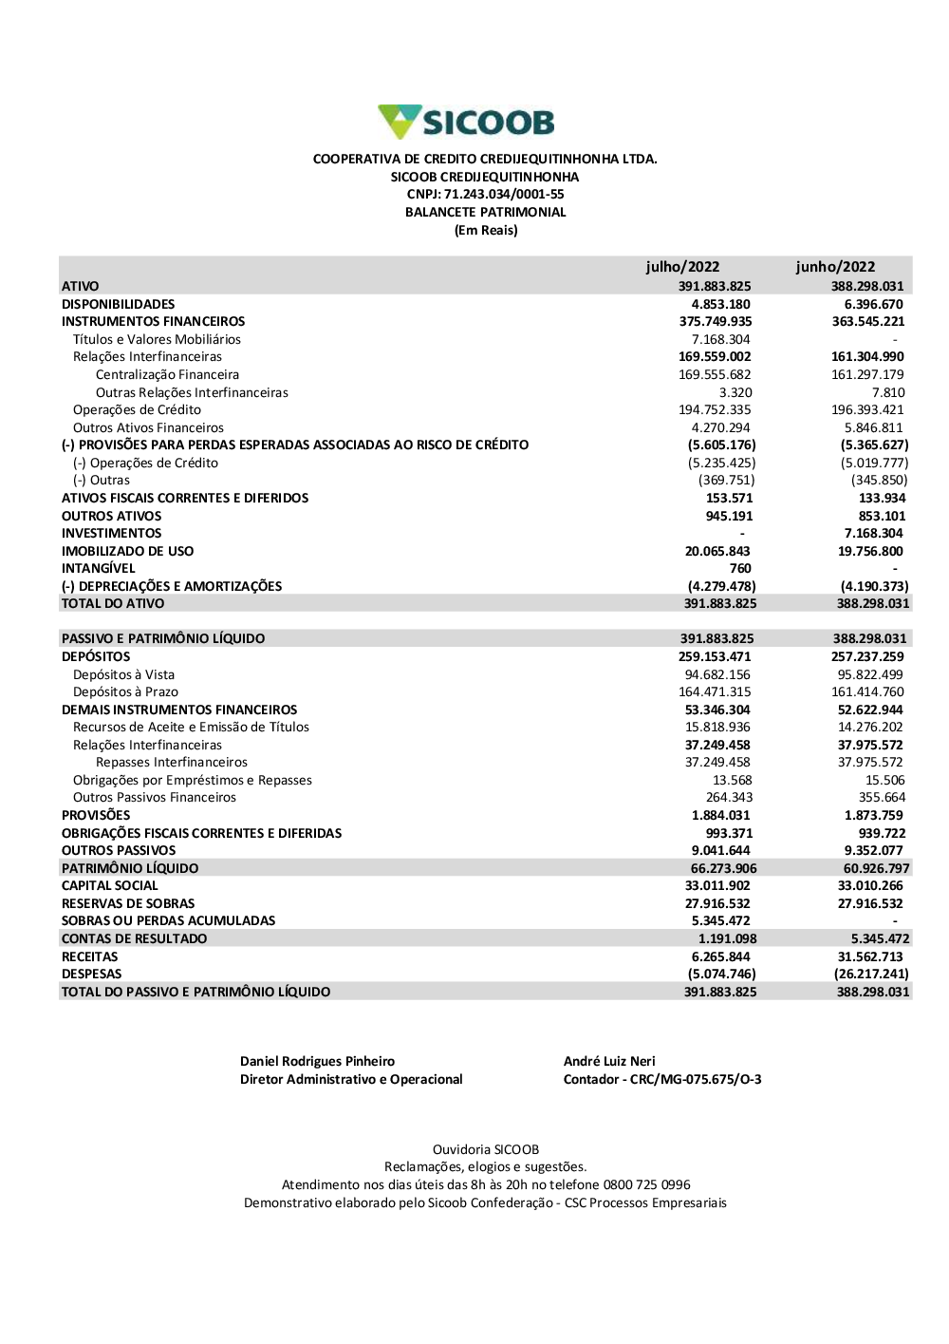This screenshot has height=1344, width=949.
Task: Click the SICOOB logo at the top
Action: click(x=466, y=123)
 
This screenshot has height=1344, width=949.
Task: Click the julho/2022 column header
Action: click(x=682, y=267)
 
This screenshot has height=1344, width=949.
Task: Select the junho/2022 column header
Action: click(x=835, y=267)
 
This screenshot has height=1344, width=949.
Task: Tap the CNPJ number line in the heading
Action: click(x=485, y=195)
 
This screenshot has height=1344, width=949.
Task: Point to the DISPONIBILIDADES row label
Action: click(x=119, y=304)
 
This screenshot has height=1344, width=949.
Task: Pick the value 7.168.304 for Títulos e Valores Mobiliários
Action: click(x=720, y=339)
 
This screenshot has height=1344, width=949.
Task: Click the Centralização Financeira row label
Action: click(x=167, y=375)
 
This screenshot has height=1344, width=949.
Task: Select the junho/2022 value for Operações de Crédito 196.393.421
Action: click(x=867, y=410)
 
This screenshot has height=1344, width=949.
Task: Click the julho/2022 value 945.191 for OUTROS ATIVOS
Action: click(x=729, y=516)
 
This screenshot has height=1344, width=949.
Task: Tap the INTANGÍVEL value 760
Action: click(x=740, y=569)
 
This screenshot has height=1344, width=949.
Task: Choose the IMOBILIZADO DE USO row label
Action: click(x=127, y=551)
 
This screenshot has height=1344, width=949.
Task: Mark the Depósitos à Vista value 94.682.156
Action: click(x=717, y=675)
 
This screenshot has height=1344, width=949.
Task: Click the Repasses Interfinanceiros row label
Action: click(x=172, y=763)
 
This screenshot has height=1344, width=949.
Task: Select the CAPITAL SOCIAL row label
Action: click(x=110, y=886)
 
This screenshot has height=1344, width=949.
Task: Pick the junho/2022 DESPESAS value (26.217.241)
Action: click(x=871, y=975)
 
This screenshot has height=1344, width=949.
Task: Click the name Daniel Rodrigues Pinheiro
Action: click(x=317, y=1062)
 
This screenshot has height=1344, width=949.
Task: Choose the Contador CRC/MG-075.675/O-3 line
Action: click(x=662, y=1080)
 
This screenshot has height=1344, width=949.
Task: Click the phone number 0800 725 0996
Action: click(x=646, y=1185)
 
